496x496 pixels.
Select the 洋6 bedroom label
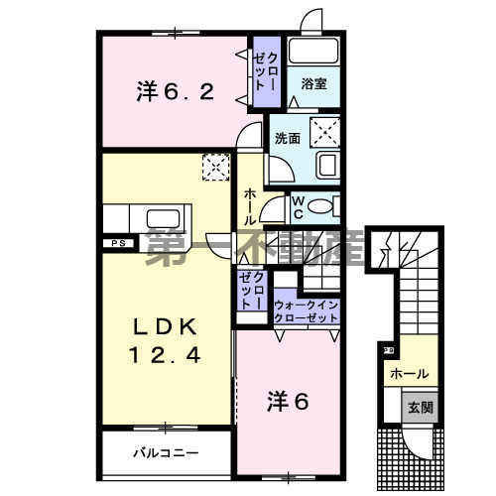tap(288, 402)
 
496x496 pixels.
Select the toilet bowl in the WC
tap(320, 207)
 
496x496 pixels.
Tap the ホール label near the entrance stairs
tap(410, 374)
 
